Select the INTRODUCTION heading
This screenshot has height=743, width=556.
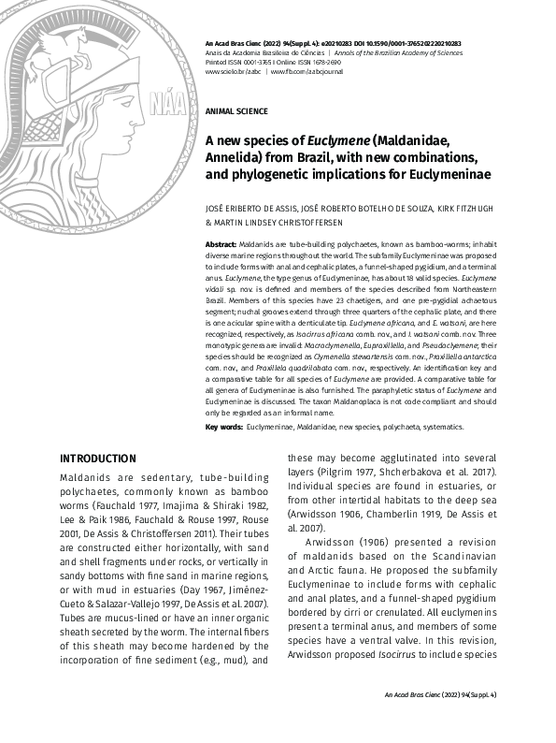click(x=97, y=459)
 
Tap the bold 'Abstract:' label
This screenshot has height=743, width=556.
click(x=221, y=243)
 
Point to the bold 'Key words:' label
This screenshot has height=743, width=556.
click(x=223, y=427)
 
